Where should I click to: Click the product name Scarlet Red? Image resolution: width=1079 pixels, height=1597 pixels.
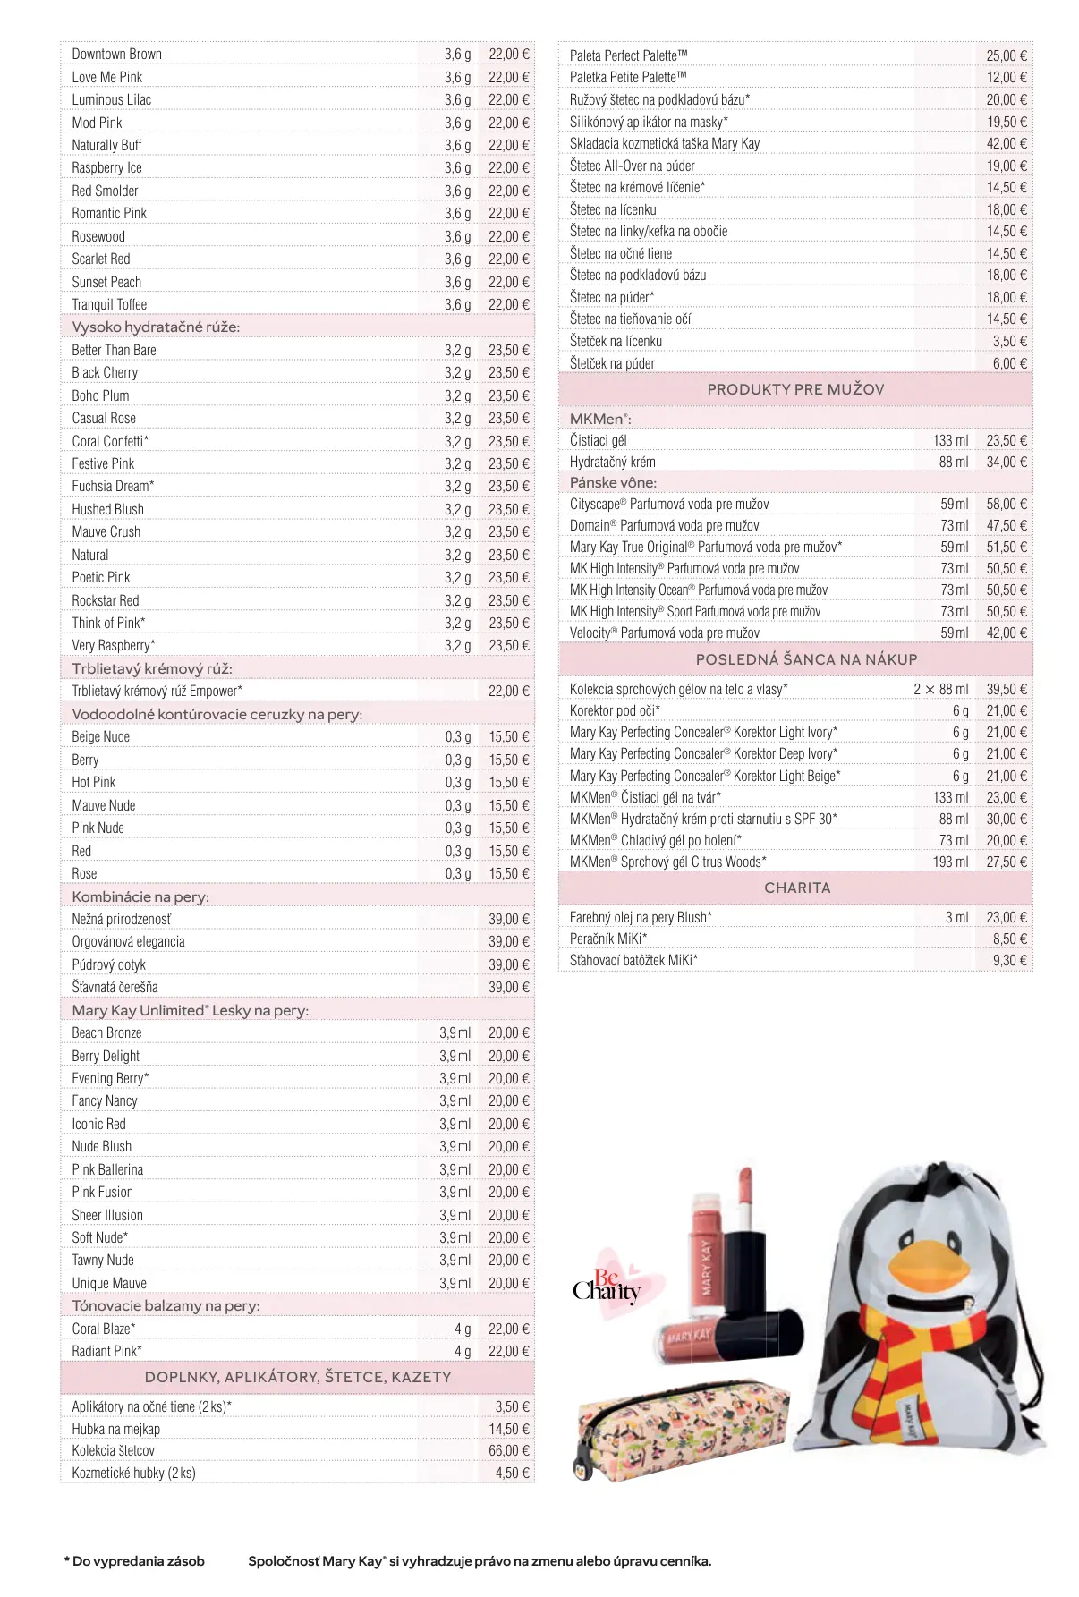tap(101, 259)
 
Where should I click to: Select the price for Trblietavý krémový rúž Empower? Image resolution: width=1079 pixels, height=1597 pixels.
tap(508, 691)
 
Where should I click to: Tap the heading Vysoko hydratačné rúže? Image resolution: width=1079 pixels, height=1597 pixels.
tap(156, 327)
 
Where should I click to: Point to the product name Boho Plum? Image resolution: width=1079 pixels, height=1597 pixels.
tap(100, 395)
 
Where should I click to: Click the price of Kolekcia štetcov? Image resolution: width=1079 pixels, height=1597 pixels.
tap(508, 1450)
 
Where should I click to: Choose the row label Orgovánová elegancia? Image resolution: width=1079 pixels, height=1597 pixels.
tap(128, 941)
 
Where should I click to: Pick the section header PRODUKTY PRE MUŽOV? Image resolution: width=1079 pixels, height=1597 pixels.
tap(795, 389)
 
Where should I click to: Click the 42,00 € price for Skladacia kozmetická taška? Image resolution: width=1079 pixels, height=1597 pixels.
tap(1007, 143)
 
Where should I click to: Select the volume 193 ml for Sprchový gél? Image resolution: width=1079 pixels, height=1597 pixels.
tap(950, 862)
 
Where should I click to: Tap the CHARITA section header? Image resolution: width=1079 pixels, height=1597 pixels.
tap(796, 888)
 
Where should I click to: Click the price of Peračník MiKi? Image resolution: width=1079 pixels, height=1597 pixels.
tap(1009, 939)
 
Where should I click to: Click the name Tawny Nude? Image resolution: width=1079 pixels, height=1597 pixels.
tap(103, 1260)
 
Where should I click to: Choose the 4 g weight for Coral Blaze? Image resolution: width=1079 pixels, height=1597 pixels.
tap(462, 1329)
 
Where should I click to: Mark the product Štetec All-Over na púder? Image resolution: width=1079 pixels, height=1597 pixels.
tap(632, 166)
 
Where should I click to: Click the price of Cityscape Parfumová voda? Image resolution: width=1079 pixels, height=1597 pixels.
tap(1007, 504)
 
